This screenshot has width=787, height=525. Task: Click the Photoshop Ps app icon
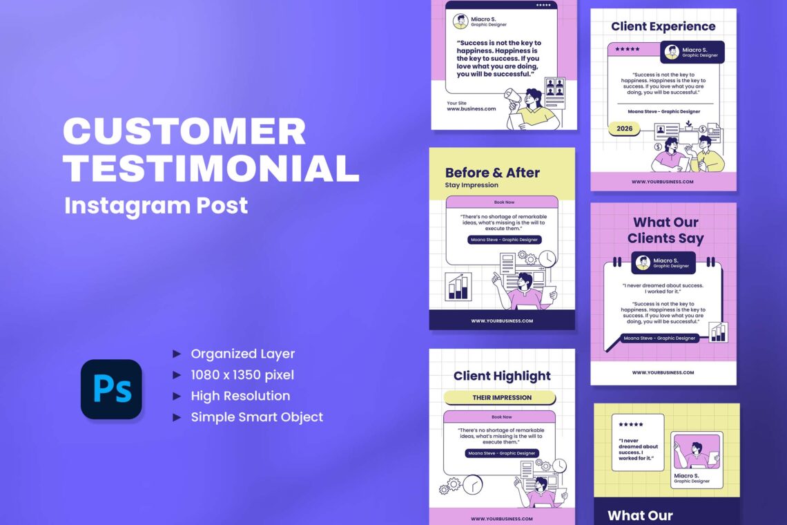coord(111,390)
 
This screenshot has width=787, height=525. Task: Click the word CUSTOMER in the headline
coord(185,132)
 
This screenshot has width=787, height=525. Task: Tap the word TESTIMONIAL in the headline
coord(211,169)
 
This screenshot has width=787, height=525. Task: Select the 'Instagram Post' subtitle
coord(156,205)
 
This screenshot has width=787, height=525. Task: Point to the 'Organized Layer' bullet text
coord(242,354)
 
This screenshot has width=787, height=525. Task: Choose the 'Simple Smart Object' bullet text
coord(257,417)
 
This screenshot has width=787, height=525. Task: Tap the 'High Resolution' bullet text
coord(240,396)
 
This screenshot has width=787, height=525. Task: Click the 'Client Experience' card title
coord(663,27)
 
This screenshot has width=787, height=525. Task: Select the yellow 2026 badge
coord(624,128)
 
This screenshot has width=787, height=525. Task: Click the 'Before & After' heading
coord(492,173)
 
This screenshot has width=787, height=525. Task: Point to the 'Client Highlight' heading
coord(502,376)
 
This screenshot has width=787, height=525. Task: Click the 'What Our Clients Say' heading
coord(665,230)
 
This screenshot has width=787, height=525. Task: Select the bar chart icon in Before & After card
coord(458,287)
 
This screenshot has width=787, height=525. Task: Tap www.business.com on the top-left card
coord(472,108)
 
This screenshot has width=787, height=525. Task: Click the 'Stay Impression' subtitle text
coord(472,185)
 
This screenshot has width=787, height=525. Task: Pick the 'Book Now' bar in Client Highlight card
coord(501,417)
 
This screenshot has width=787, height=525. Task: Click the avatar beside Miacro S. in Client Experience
coord(672,52)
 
